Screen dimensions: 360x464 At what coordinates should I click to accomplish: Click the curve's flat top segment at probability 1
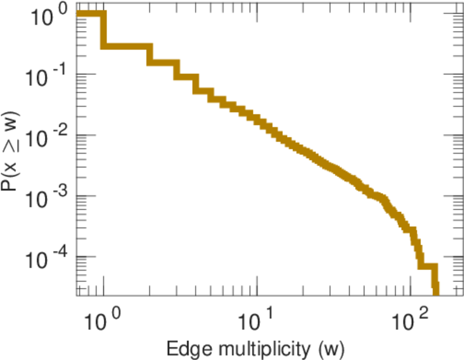90,14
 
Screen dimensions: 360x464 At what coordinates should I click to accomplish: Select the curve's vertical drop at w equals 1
103,30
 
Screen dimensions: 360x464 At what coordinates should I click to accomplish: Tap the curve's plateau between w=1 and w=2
126,47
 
